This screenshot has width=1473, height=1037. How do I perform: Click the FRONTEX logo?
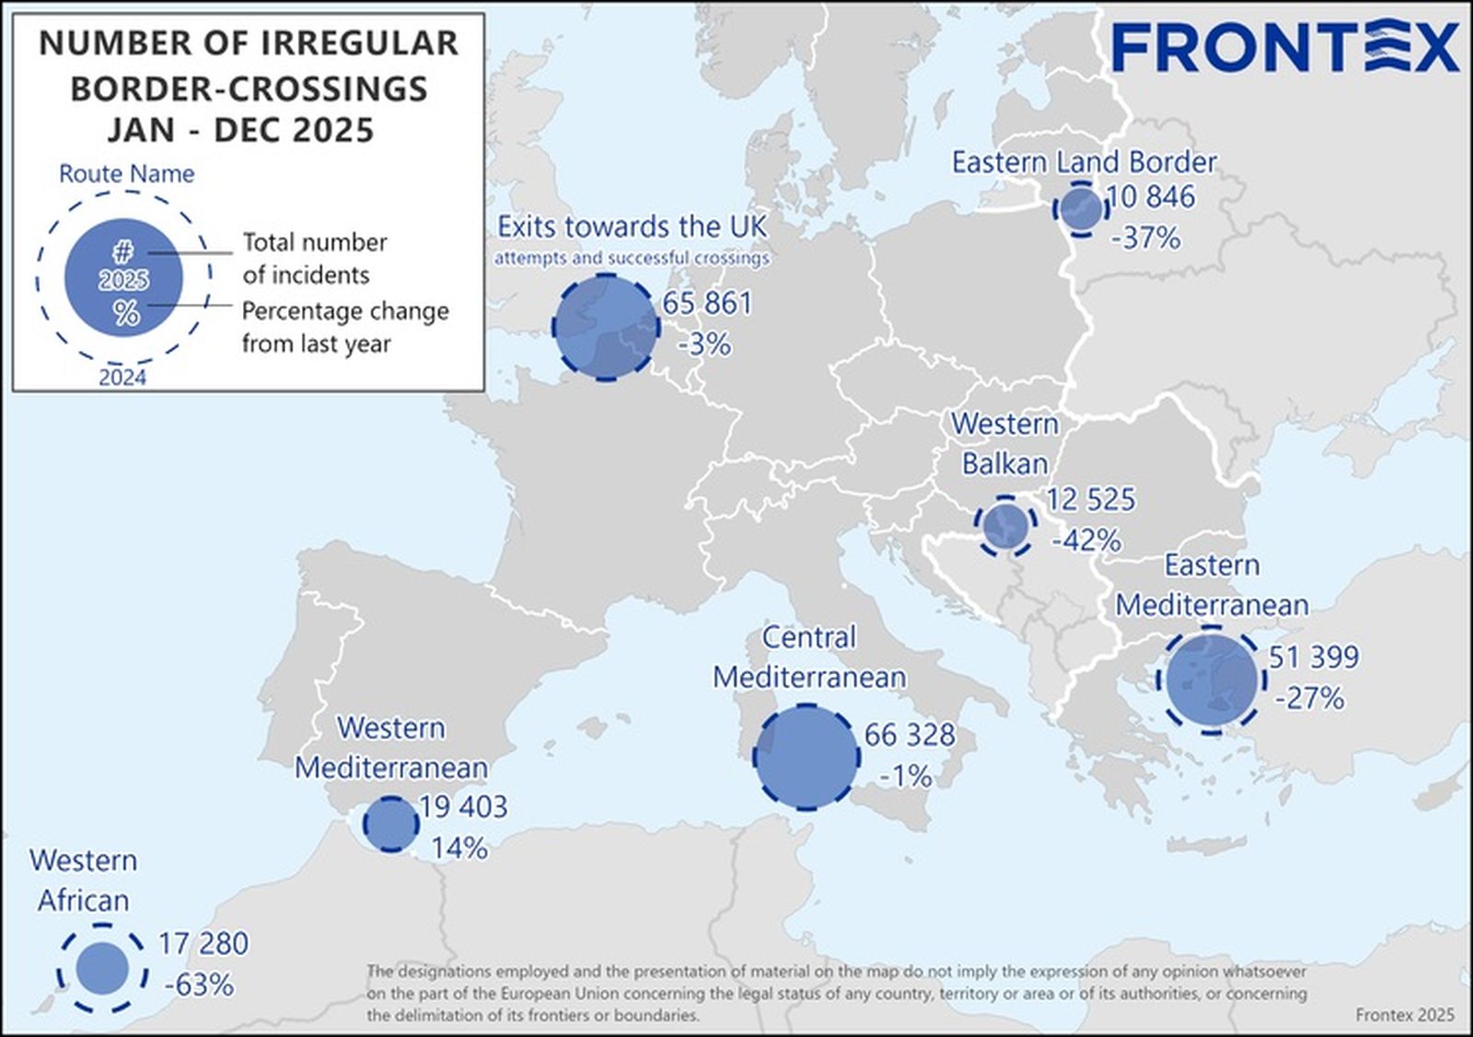(1285, 48)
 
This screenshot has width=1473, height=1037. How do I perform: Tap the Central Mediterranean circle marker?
(806, 757)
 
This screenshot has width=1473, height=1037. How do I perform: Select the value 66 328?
(910, 735)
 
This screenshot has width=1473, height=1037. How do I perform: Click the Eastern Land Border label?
(1084, 162)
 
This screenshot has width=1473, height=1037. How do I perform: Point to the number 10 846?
(1151, 197)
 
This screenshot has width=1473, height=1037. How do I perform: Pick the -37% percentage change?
(1145, 239)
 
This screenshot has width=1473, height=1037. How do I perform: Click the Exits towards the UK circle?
(606, 327)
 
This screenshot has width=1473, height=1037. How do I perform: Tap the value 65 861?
(707, 303)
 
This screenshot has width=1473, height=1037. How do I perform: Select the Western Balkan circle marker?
(1005, 526)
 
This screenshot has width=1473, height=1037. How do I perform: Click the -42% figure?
(1086, 540)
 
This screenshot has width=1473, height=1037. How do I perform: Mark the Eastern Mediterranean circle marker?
(1211, 680)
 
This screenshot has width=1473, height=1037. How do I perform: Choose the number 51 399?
(1314, 658)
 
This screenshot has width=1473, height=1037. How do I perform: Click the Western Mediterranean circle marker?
(391, 823)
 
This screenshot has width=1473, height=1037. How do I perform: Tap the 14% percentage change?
(459, 847)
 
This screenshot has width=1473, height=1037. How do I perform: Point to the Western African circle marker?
(102, 969)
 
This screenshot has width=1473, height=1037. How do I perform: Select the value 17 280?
(203, 944)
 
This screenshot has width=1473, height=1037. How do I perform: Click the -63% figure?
(199, 985)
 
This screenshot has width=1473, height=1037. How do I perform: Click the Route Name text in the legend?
(127, 174)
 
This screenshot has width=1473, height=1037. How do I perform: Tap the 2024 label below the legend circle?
(122, 378)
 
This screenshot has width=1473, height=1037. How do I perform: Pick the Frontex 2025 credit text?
(1405, 1015)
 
